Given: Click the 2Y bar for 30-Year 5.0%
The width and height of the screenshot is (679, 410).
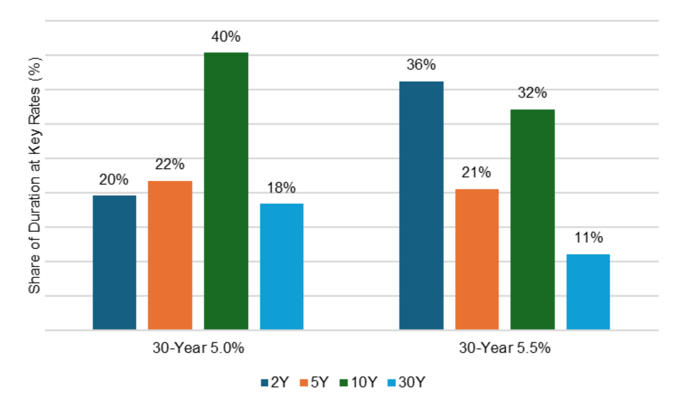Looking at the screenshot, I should pos(114,262).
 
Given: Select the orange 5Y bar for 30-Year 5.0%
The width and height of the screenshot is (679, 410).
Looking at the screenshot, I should pos(170,255).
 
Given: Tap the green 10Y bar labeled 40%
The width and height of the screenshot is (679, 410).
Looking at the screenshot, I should pos(225,190).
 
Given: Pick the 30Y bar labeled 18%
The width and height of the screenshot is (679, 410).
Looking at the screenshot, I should pos(281,266).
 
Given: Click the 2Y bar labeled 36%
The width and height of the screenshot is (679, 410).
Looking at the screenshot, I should pos(421,205).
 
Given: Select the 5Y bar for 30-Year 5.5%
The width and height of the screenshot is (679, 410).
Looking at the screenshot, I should pos(477,259).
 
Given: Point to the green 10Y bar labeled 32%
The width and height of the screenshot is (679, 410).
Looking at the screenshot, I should pos(532,219).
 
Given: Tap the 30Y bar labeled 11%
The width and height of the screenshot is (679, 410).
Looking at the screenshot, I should pos(588,291).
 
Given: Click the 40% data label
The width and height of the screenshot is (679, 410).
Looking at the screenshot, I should pos(225,37).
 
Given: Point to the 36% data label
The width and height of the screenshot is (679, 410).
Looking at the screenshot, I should pos(421,65).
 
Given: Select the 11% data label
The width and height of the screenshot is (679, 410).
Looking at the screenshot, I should pos(588,238).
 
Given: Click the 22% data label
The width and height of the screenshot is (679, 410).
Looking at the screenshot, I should pos(170,165).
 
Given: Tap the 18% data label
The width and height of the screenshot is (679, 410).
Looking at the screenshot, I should pos(281,188).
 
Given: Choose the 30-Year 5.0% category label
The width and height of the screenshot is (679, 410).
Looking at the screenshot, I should pos(198,348).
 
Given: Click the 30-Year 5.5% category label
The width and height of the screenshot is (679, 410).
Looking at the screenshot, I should pos(505,348).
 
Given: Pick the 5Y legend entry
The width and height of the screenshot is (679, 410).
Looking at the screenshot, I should pos(314,382).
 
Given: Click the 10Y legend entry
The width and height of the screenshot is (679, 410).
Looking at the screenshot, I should pos(359,382).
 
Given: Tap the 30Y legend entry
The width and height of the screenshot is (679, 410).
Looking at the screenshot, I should pos(406,382).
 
